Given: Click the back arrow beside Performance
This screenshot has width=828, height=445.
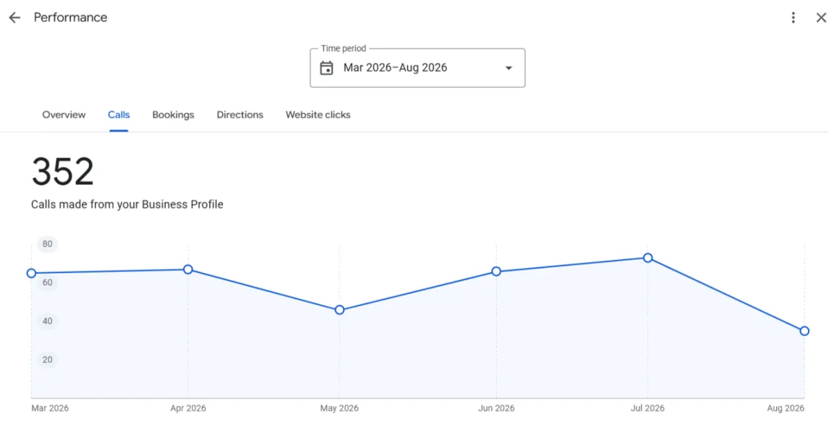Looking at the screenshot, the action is pos(14,17).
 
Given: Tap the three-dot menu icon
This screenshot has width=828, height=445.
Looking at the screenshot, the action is pos(793,17).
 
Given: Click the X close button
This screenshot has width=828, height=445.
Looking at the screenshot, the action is pos(821,17).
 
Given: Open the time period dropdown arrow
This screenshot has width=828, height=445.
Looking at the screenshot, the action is pos(509,68).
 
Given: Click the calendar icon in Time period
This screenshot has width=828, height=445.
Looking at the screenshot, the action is pos(326,68).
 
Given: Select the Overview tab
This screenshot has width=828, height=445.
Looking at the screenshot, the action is pos(63,115).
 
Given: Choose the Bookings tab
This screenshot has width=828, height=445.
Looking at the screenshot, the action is pos(173,115).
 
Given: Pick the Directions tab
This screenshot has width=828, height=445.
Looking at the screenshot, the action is pos(240,115).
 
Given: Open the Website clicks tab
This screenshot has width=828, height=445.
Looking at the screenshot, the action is pos(318,115).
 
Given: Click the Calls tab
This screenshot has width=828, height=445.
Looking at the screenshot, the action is pos(119,115).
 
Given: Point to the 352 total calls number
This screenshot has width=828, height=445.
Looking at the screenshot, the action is pos(63,172).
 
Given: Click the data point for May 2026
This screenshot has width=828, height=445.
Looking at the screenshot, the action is pos(339,310).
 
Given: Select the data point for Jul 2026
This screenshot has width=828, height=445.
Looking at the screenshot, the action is pos(648,258).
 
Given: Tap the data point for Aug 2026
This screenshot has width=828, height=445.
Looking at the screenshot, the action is pos(805,330).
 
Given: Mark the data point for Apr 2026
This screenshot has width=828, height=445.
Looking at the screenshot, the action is pos(188,270).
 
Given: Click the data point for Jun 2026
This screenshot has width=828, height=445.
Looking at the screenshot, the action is pos(496,271).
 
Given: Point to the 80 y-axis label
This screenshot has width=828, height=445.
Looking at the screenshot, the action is pos(48,244).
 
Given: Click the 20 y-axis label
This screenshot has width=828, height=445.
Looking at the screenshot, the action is pos(48,359).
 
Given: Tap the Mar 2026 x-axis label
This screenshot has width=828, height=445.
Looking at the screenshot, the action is pos(50,408).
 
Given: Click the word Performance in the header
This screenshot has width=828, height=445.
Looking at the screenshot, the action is pos(70,17).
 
